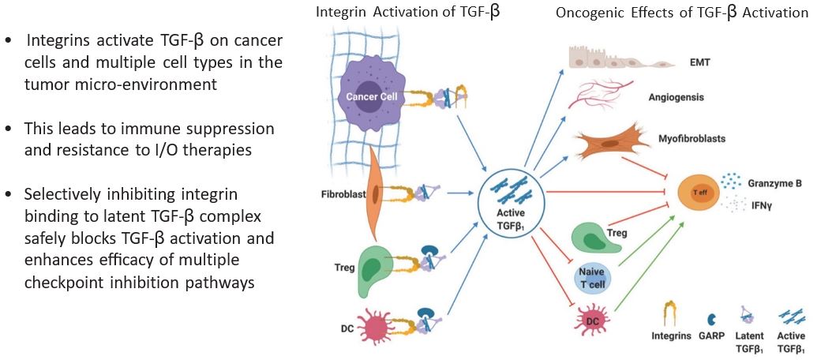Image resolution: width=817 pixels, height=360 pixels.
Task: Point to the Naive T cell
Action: click(597, 276)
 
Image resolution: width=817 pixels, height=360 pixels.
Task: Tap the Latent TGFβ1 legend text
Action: click(748, 341)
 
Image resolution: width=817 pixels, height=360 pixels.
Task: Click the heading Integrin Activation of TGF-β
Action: click(407, 13)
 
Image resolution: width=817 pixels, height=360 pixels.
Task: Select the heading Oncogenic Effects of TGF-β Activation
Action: click(682, 13)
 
